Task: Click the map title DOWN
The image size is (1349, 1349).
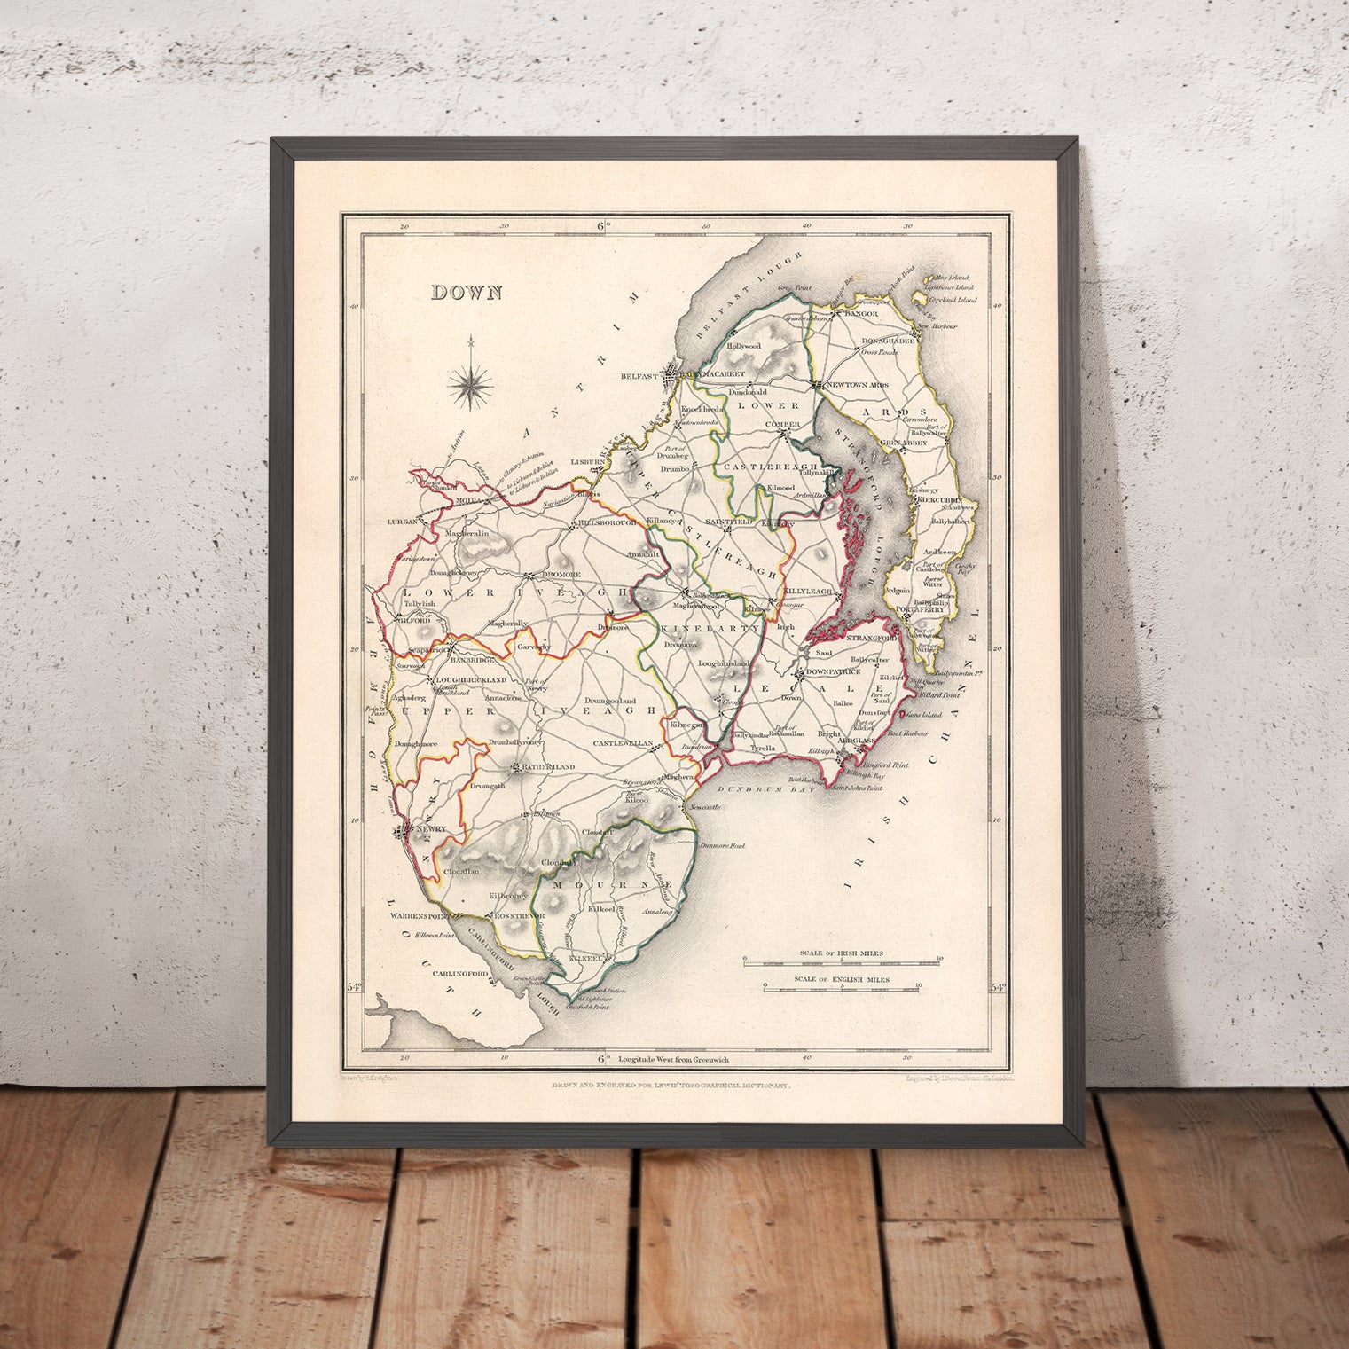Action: click(x=467, y=293)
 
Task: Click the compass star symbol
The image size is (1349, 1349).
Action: click(x=471, y=382)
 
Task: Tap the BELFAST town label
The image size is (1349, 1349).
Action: click(x=645, y=376)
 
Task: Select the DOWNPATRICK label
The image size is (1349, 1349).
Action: click(x=837, y=672)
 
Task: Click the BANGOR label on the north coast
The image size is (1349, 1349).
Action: click(x=859, y=314)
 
